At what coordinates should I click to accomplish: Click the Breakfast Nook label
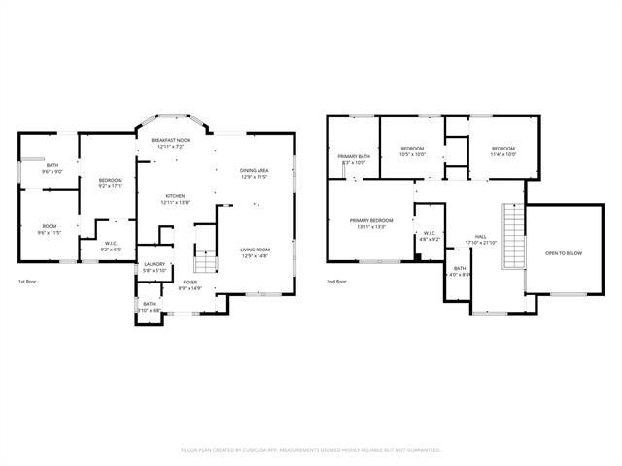tap(170, 143)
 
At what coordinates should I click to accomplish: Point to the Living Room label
tap(255, 252)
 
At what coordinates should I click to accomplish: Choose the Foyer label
tap(190, 284)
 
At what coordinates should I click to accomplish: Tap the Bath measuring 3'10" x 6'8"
tap(149, 307)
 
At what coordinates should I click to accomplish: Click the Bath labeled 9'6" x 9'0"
tap(52, 169)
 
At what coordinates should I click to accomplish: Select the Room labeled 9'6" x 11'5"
tap(49, 229)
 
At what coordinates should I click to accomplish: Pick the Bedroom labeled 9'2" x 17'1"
tap(110, 183)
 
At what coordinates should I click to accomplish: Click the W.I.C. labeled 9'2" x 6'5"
tap(111, 247)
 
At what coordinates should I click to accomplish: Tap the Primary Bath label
tap(354, 159)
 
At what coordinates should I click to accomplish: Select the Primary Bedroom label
tap(371, 223)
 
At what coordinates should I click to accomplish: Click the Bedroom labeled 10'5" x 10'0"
tap(413, 150)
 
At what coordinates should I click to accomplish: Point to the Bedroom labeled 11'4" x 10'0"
tap(503, 150)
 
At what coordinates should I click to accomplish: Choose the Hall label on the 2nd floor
tap(480, 239)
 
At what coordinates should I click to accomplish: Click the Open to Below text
tap(564, 252)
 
